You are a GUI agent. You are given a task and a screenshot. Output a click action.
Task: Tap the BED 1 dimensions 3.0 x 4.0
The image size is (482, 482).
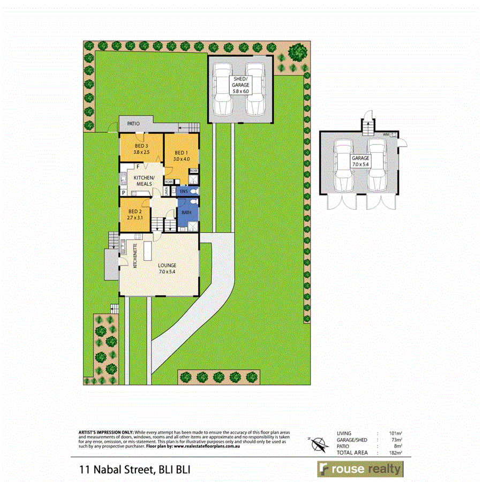tap(182, 159)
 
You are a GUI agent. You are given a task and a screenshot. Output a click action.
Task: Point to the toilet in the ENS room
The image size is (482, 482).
tap(195, 191)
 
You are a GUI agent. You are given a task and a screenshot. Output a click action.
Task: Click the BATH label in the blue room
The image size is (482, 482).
tap(186, 213)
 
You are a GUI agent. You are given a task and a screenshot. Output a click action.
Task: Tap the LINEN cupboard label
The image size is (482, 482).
tap(167, 190)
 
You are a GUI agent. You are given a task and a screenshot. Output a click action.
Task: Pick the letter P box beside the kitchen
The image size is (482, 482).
tap(124, 192)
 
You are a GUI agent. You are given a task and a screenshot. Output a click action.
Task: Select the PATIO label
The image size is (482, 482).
tap(133, 124)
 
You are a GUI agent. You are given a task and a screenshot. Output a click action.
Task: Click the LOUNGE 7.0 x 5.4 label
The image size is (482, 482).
tap(167, 268)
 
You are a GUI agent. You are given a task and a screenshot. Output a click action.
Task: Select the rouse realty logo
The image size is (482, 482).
tap(359, 469)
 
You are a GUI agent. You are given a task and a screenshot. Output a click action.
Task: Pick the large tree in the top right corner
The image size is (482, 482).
tap(296, 52)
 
